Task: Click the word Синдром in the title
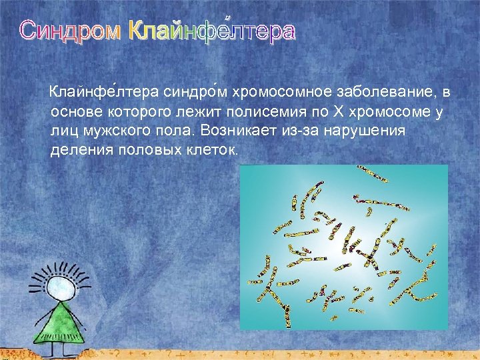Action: [x=70, y=31]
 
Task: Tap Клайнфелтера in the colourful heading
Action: [x=210, y=31]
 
